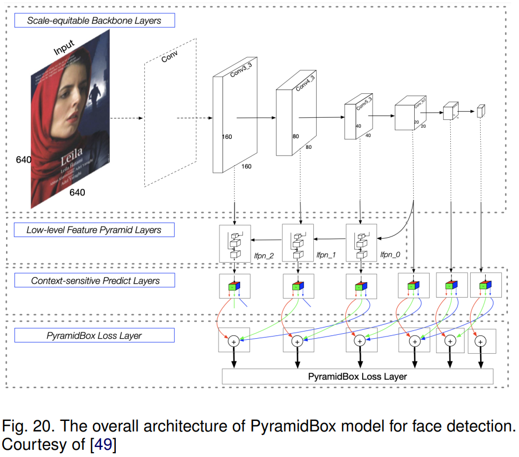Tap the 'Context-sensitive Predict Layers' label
pyautogui.click(x=95, y=281)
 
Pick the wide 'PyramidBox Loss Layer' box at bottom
pyautogui.click(x=357, y=376)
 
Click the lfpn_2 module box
pyautogui.click(x=236, y=243)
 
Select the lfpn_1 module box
pyautogui.click(x=298, y=243)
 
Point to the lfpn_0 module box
pyautogui.click(x=361, y=243)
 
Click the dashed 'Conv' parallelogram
pyautogui.click(x=170, y=114)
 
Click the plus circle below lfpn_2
pyautogui.click(x=233, y=342)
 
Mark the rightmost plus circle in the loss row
pyautogui.click(x=481, y=342)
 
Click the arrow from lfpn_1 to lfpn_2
pyautogui.click(x=267, y=240)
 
